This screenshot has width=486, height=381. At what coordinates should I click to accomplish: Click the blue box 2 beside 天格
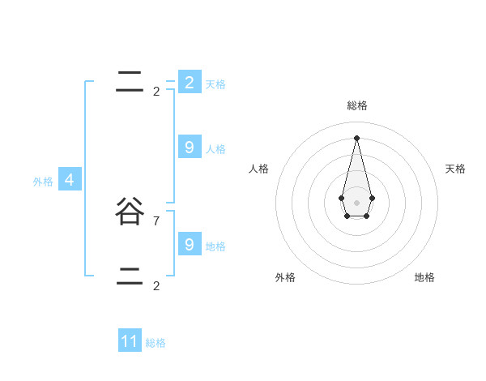click(x=189, y=82)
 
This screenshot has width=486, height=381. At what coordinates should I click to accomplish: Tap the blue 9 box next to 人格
click(x=189, y=147)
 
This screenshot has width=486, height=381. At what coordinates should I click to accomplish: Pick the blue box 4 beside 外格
click(x=69, y=179)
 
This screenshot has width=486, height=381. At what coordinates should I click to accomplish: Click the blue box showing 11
click(x=130, y=341)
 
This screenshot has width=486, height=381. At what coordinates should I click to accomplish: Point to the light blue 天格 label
click(x=215, y=84)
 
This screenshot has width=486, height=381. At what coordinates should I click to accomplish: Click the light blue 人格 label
click(x=215, y=149)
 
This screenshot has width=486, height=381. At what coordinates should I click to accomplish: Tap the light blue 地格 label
click(x=215, y=246)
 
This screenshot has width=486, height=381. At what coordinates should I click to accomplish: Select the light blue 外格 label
click(x=43, y=182)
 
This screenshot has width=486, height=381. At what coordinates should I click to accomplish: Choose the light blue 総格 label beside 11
click(x=156, y=343)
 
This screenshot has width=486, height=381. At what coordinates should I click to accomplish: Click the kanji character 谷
click(x=130, y=212)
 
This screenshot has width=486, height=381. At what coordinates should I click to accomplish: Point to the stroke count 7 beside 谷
click(x=156, y=220)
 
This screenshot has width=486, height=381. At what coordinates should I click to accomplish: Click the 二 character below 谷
click(x=130, y=276)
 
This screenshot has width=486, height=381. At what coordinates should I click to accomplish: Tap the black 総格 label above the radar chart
click(x=356, y=105)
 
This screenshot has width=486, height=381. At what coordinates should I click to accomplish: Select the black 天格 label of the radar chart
click(x=455, y=169)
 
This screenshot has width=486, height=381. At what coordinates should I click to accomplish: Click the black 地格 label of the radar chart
click(x=424, y=277)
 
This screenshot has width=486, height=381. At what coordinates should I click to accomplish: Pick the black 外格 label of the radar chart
click(x=285, y=277)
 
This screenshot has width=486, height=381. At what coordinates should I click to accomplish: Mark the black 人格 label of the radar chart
click(x=259, y=169)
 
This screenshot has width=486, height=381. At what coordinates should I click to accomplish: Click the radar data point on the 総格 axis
click(x=356, y=137)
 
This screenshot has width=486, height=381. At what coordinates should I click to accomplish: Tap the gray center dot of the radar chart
click(x=356, y=203)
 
